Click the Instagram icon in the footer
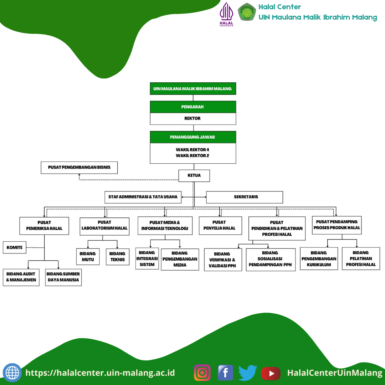(x=202, y=373)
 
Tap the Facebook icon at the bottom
(x=225, y=373)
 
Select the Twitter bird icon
(x=248, y=373)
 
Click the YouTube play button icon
(x=271, y=373)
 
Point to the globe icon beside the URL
(x=12, y=373)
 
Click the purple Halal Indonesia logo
(x=226, y=14)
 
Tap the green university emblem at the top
(x=247, y=12)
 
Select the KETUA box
(x=194, y=175)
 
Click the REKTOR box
(x=193, y=119)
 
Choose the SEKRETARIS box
(x=245, y=197)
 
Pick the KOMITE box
(x=15, y=247)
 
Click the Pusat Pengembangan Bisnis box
(x=79, y=167)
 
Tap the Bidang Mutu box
(x=88, y=257)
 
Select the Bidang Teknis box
(x=118, y=257)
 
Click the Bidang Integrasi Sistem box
(x=147, y=258)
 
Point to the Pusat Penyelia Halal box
(x=220, y=225)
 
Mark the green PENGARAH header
(x=193, y=107)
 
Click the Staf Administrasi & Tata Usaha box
(x=143, y=197)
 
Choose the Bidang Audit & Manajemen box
(x=21, y=277)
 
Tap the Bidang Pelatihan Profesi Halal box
(x=361, y=258)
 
